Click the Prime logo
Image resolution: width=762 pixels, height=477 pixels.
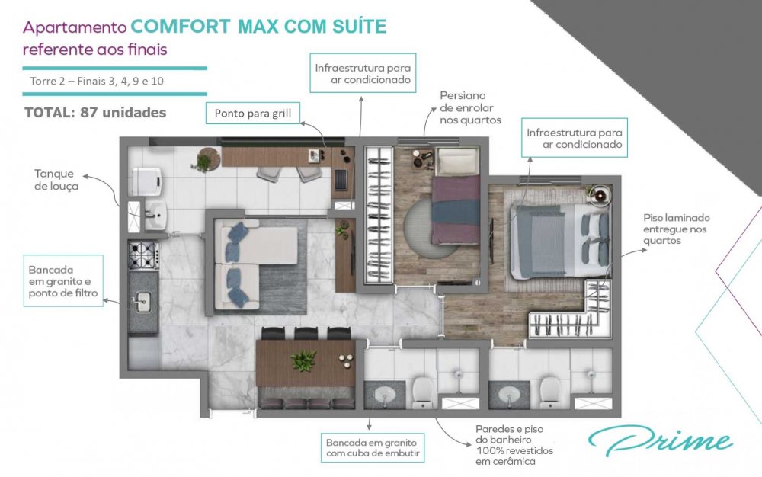click(x=660, y=440)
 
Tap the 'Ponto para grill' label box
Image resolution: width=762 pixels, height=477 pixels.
click(x=253, y=114)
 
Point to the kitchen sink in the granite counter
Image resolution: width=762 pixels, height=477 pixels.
click(x=142, y=302)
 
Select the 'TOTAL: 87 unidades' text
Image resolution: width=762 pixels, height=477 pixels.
click(x=95, y=113)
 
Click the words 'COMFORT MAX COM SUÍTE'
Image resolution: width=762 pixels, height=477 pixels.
click(x=258, y=26)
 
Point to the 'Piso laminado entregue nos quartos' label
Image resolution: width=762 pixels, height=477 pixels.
click(x=677, y=229)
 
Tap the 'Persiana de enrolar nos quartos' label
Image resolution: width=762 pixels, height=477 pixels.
click(x=470, y=108)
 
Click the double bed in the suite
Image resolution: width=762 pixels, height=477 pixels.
click(x=559, y=242)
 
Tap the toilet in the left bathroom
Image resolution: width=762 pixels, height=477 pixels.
click(x=423, y=391)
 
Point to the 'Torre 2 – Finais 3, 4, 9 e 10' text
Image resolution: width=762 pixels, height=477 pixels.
click(x=97, y=81)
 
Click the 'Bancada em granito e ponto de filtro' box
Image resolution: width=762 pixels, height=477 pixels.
click(x=63, y=280)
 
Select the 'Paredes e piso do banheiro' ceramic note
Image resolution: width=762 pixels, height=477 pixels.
click(x=514, y=445)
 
